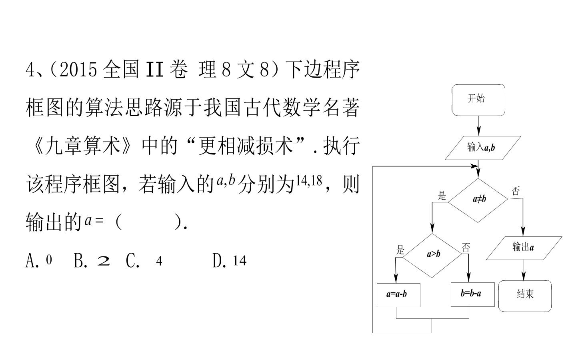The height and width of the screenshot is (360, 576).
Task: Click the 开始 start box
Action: coord(478,100)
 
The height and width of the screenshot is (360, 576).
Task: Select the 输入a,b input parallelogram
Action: coord(483,148)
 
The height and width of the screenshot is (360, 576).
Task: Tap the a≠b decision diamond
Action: coord(478,200)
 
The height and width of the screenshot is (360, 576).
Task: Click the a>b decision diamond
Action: coord(432,256)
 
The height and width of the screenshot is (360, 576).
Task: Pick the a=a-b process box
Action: coord(398,295)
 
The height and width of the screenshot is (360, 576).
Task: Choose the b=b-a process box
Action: coord(473,295)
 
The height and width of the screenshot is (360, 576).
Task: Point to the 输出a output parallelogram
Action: coord(524,248)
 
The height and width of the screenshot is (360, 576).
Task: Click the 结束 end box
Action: coord(525,296)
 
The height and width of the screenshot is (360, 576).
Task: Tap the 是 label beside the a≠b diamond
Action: coord(442,196)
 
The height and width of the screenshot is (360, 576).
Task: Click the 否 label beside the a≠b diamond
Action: coord(515,191)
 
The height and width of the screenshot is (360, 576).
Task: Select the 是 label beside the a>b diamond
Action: coord(400,250)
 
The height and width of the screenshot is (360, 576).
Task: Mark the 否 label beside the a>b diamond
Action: coord(466,247)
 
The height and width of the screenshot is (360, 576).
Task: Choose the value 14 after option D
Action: coord(240,261)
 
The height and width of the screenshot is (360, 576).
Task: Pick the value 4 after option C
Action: coord(159,261)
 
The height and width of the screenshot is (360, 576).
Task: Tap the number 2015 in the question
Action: coord(78,70)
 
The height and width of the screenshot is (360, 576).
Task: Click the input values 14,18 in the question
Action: coord(309,180)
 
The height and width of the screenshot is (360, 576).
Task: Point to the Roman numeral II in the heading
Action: coord(154,69)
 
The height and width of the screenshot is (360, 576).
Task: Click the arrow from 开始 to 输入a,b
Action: coord(478,126)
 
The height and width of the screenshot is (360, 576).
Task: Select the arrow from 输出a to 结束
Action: coord(524,270)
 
